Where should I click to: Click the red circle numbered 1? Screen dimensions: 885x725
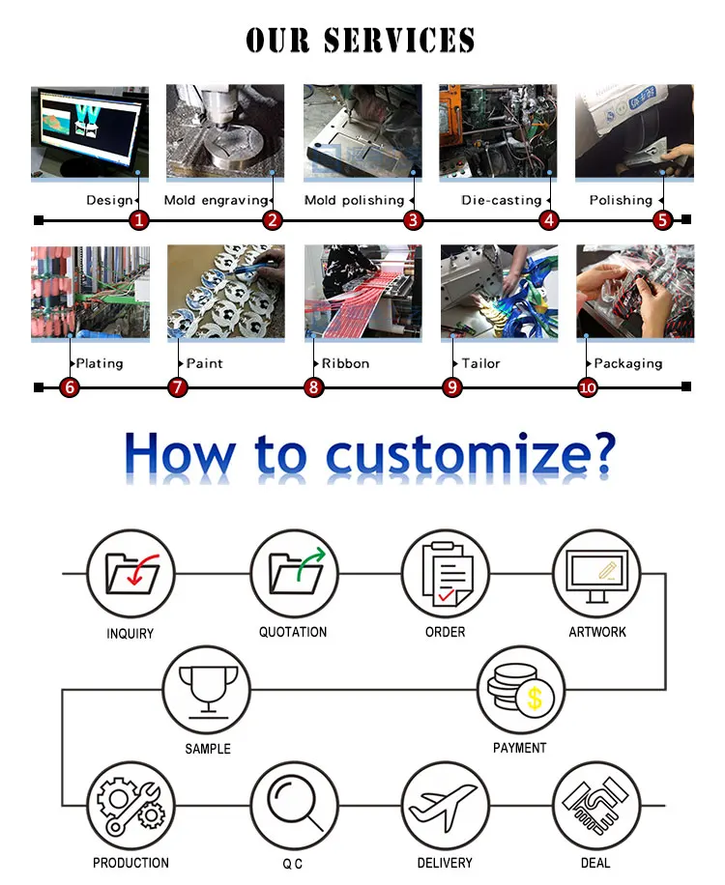click(x=139, y=220)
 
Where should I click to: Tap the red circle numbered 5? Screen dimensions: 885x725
click(x=662, y=220)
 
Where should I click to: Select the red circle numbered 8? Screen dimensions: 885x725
click(x=313, y=387)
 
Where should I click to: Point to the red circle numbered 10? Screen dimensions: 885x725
click(x=588, y=387)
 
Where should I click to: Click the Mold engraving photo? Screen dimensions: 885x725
click(x=225, y=131)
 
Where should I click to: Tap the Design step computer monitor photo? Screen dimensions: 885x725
click(x=89, y=131)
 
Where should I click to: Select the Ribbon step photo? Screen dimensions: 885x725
click(x=363, y=291)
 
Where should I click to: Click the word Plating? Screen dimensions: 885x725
click(x=100, y=363)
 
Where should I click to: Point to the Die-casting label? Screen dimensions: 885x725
click(x=501, y=200)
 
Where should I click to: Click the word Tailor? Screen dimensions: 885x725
click(x=480, y=363)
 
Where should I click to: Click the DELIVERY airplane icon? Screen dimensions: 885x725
click(x=445, y=805)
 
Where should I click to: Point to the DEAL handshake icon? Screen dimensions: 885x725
click(x=596, y=805)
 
